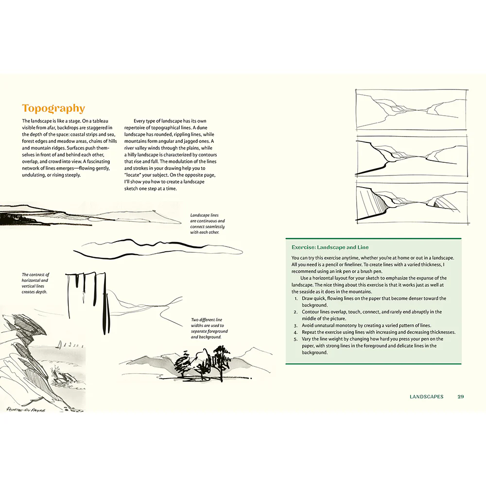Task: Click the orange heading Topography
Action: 53,108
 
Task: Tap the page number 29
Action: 461,397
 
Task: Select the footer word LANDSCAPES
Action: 427,397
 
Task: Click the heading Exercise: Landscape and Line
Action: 330,247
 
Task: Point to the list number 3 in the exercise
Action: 295,326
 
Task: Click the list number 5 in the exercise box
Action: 295,339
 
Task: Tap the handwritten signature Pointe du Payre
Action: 26,409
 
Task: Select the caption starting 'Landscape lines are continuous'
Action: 208,224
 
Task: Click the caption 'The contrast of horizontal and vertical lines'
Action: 35,283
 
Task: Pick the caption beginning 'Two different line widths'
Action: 209,328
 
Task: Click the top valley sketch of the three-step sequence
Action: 412,110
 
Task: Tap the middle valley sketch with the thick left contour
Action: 412,156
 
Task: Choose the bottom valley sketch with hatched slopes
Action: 412,203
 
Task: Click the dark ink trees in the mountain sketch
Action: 203,363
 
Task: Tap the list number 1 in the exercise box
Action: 295,298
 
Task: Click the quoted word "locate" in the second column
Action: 133,175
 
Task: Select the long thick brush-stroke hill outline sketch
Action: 158,248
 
